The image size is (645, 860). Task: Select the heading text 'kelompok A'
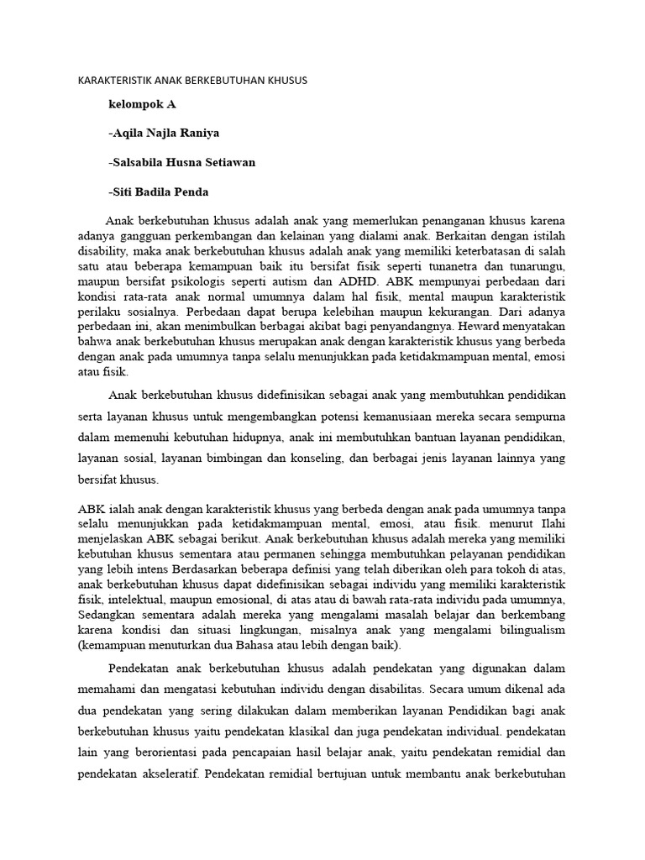(142, 105)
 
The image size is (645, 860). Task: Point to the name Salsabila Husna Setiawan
(181, 162)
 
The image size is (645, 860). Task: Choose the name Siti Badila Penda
(160, 191)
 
